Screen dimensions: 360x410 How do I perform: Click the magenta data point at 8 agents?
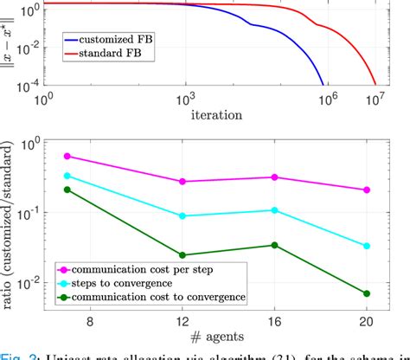(x=67, y=157)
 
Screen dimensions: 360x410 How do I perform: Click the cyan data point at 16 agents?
(x=274, y=210)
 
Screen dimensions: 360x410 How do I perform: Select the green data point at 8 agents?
(x=67, y=190)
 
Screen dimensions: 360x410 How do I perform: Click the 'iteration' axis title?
(x=216, y=113)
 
